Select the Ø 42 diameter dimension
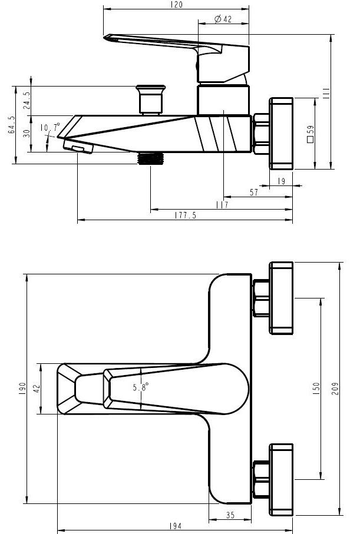(223, 19)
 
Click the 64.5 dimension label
(10, 125)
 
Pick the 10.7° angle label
(49, 128)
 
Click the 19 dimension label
(281, 182)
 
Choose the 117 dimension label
(222, 205)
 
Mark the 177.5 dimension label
(185, 216)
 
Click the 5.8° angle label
(140, 387)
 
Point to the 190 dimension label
(22, 389)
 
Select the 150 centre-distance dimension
(316, 388)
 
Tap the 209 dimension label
(335, 389)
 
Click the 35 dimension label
(230, 515)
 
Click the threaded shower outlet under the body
(150, 158)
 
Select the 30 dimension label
(26, 133)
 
